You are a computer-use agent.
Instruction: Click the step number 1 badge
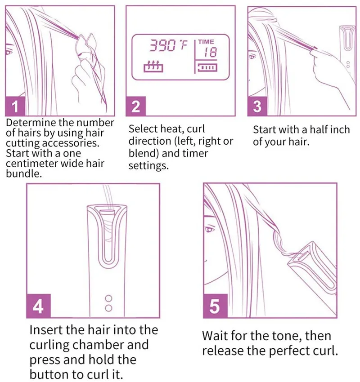15,106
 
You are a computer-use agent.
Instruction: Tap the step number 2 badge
135,106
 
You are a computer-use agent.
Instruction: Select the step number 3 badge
257,106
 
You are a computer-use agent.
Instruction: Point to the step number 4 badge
39,306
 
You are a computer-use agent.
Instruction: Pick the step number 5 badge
215,306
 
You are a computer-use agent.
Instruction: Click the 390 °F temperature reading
169,46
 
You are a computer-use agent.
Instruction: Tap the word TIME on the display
206,42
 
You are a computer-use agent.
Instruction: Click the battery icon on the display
207,67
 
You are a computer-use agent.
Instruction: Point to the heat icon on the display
153,66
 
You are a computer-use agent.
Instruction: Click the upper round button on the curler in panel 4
108,298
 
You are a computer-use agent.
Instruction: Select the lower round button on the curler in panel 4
108,308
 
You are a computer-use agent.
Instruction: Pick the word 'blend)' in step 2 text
144,154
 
